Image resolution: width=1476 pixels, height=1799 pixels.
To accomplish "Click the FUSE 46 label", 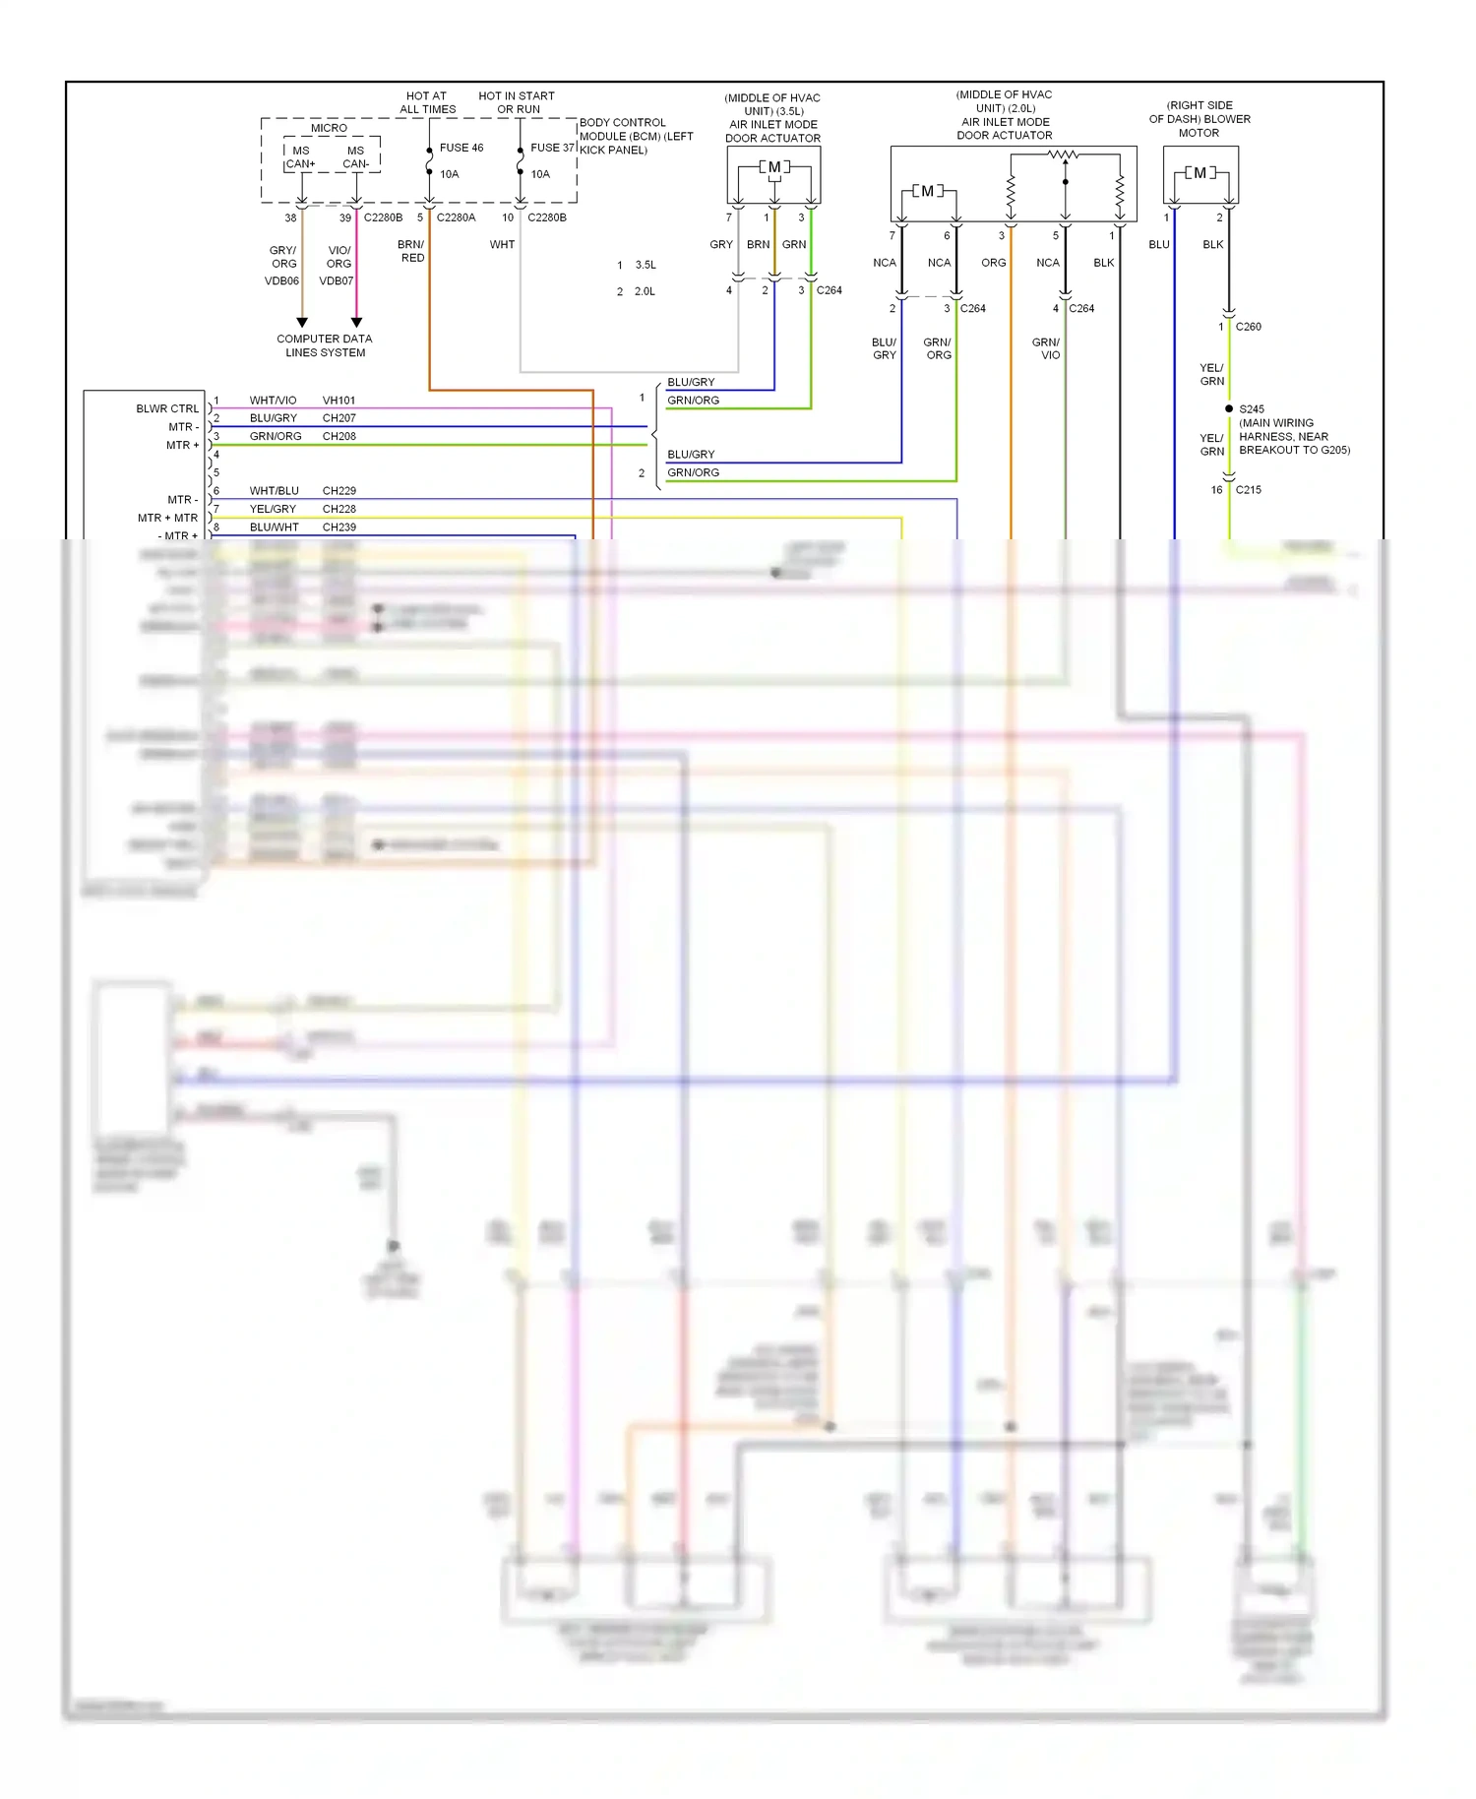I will (461, 148).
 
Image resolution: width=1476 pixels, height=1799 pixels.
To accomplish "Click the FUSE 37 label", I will (551, 148).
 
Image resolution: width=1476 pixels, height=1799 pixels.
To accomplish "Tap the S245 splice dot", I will (1229, 408).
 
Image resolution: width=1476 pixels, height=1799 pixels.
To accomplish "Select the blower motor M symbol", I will (1199, 173).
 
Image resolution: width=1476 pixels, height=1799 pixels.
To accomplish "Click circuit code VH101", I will (338, 401).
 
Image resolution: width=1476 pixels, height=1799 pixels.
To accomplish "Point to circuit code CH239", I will (338, 527).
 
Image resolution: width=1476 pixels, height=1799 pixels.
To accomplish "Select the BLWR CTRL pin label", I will (167, 408).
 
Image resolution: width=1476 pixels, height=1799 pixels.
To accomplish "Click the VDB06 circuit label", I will (281, 281).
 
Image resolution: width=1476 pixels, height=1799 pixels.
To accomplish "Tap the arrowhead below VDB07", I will (356, 323).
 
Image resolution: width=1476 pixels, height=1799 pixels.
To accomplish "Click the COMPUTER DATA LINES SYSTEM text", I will (325, 345).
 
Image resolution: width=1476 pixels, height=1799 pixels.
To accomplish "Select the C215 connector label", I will (1248, 490).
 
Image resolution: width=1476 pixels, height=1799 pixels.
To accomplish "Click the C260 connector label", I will (1248, 327).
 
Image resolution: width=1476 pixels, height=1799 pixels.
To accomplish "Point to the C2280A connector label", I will (456, 217).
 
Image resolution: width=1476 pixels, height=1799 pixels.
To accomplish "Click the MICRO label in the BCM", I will (329, 128).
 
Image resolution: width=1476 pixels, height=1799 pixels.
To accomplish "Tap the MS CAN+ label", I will (300, 157).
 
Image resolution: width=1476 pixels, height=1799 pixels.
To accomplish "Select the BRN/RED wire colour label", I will (411, 251).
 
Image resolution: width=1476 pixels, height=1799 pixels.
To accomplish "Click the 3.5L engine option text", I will (646, 265).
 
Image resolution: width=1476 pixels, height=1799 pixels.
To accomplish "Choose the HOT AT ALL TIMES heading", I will (427, 102).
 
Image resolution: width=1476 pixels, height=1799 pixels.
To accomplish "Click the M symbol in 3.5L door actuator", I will (774, 167).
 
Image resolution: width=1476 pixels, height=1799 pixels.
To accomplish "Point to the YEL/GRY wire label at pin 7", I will (273, 509).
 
